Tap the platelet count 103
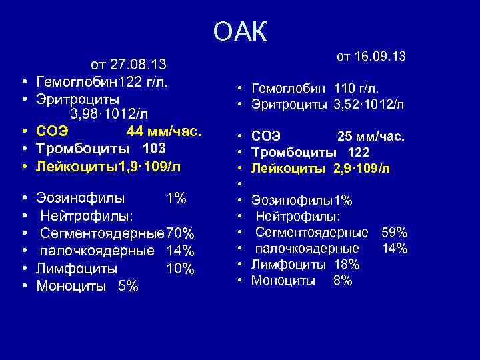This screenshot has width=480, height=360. click(x=154, y=148)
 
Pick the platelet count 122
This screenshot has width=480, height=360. click(x=358, y=153)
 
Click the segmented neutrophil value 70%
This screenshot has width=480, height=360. click(x=180, y=234)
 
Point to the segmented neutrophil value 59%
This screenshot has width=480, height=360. click(x=394, y=233)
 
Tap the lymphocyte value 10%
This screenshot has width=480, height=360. click(x=180, y=269)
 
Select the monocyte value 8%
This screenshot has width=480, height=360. click(x=343, y=281)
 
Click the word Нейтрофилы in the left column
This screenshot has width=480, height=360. click(x=86, y=216)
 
